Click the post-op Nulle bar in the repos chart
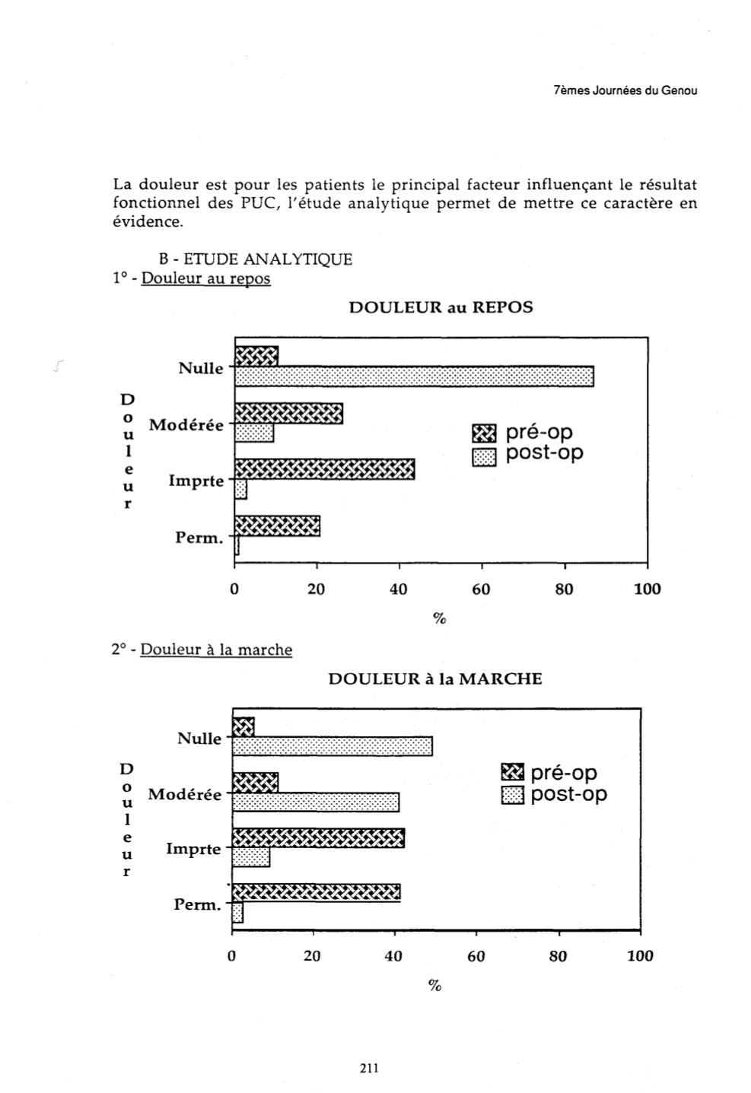[x=414, y=376]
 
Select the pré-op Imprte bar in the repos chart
[x=324, y=469]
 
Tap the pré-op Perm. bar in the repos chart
[x=277, y=526]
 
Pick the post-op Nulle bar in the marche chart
[x=332, y=746]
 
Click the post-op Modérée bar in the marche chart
[x=315, y=802]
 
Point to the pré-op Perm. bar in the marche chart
[x=316, y=892]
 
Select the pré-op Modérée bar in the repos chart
[x=288, y=413]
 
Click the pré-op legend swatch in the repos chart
[x=483, y=434]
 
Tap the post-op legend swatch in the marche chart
[x=513, y=796]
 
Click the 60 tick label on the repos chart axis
[x=481, y=589]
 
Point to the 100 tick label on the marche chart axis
[x=639, y=956]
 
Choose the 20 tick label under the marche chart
[x=312, y=956]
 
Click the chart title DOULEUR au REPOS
[x=441, y=307]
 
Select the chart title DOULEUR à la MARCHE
[x=434, y=678]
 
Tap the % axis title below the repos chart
[x=439, y=618]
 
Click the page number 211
[x=368, y=1067]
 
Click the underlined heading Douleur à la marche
[x=216, y=650]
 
